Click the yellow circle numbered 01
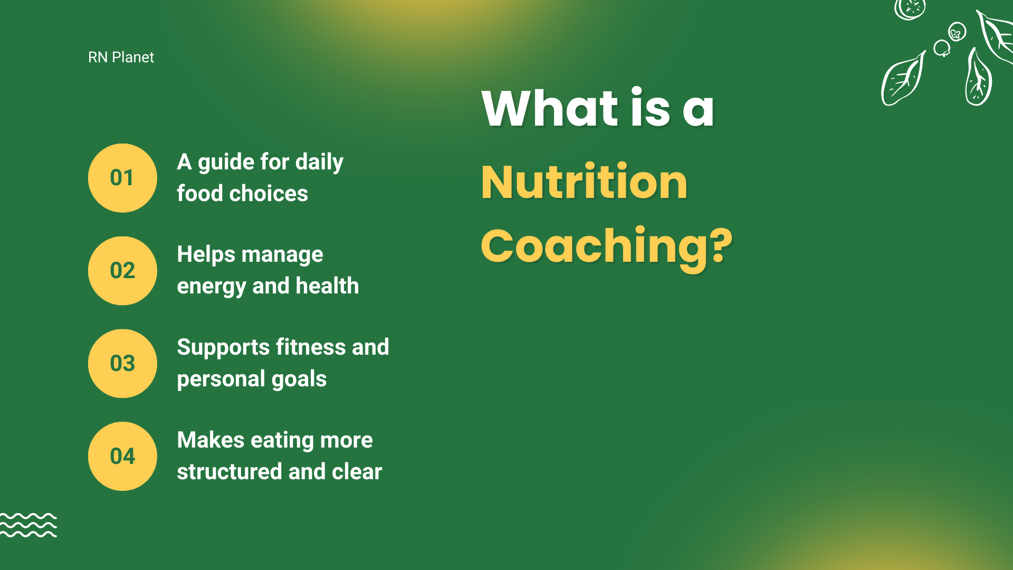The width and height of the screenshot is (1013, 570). coord(122,178)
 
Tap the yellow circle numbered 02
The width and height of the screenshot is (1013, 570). coord(122,271)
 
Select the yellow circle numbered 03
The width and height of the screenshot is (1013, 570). coord(122,364)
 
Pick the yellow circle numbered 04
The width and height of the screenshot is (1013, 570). coord(122,457)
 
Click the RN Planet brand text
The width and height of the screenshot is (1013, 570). coord(121,57)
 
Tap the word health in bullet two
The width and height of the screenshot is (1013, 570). coord(327,286)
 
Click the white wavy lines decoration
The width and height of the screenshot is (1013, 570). coord(28,525)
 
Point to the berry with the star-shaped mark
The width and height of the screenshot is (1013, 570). coord(957,32)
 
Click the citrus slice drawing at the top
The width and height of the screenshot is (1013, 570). coord(910,8)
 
